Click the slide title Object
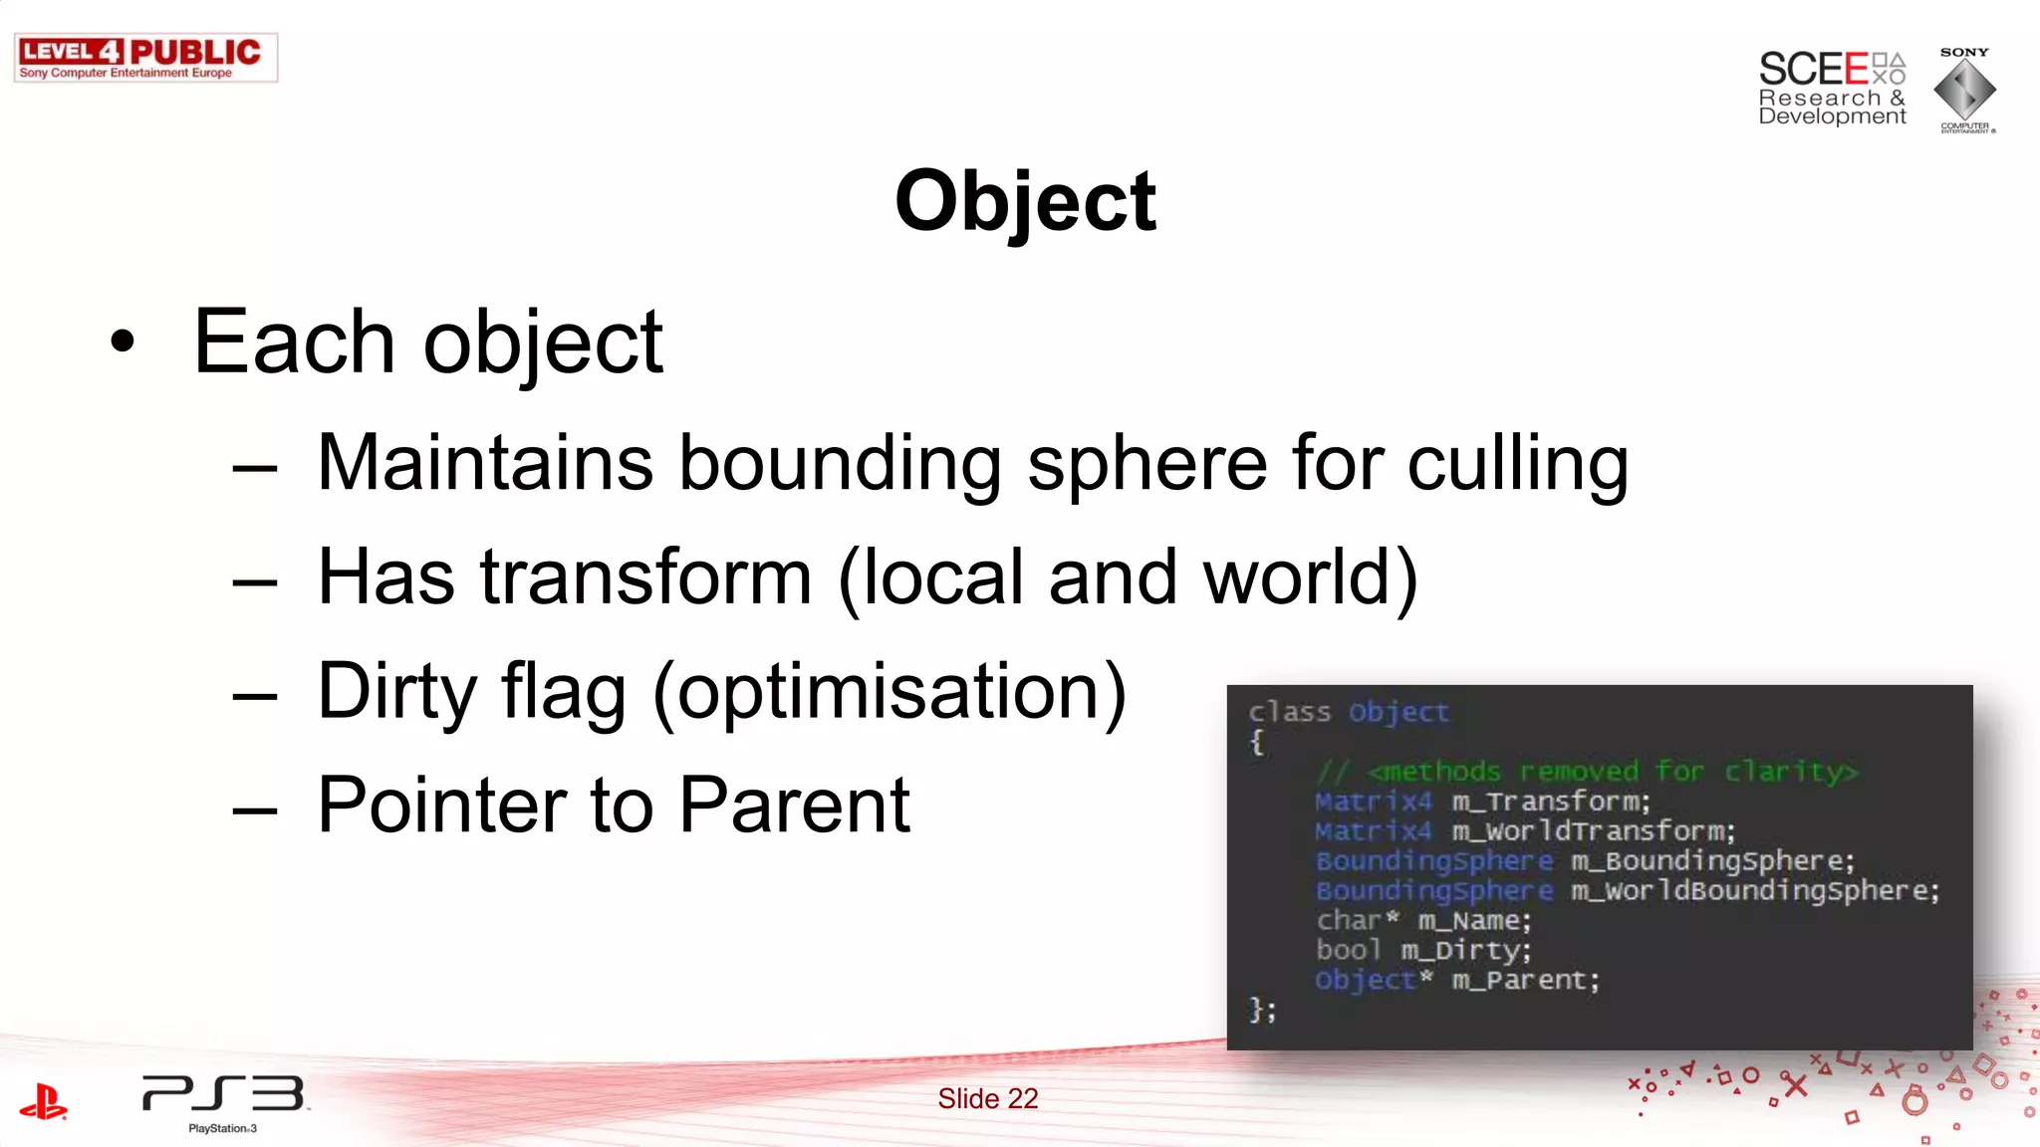pos(1025,202)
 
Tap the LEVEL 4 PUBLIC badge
pos(145,58)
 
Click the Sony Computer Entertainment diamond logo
pos(1964,91)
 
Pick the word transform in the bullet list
pos(646,577)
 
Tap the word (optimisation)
pos(890,692)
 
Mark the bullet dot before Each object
pos(123,342)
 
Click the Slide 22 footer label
pos(987,1098)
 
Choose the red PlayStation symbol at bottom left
pos(43,1101)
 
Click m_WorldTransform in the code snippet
pos(1593,831)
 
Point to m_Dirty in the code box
pos(1465,951)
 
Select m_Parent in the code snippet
pos(1525,981)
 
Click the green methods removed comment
pos(1587,772)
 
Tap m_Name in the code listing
pos(1474,921)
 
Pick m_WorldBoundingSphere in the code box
pos(1755,891)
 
